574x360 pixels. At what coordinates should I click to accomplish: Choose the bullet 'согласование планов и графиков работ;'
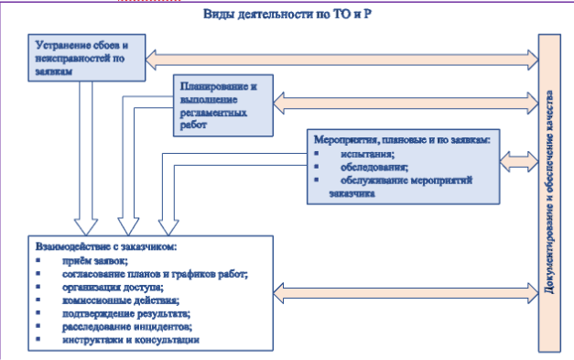(156, 274)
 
